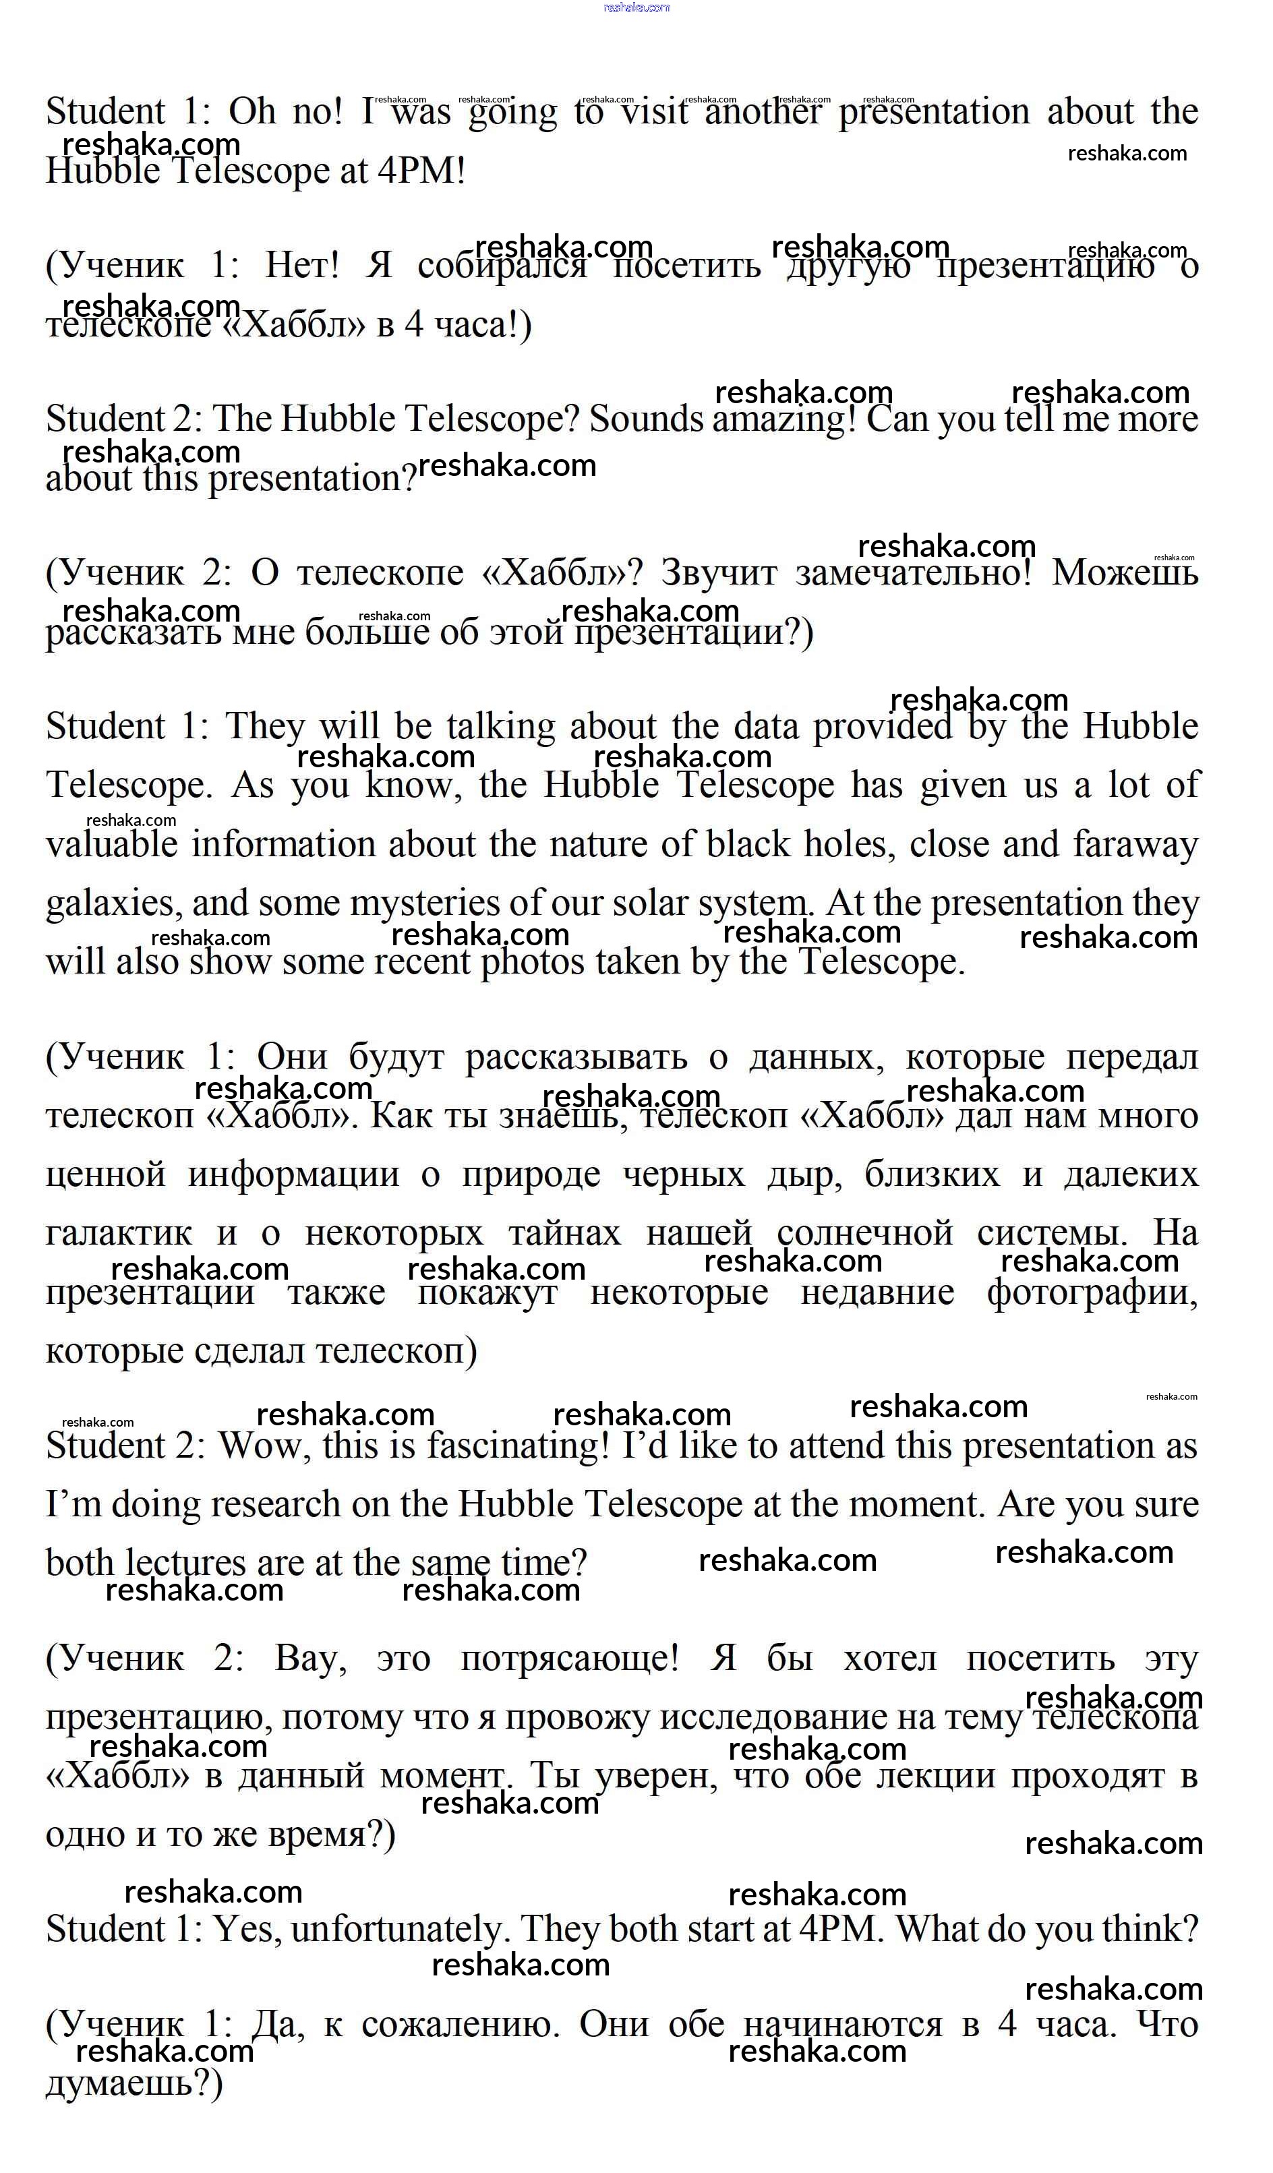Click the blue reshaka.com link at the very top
(636, 8)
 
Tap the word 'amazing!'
(784, 420)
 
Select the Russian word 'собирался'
(501, 266)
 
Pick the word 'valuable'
(111, 844)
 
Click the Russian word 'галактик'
(118, 1233)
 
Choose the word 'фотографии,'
(1092, 1292)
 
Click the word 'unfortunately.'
(396, 1928)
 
